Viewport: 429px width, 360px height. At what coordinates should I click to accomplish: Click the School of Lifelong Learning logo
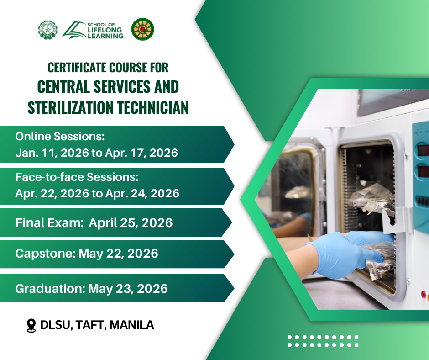coord(93,30)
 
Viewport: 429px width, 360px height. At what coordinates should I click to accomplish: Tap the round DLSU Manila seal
coord(47,30)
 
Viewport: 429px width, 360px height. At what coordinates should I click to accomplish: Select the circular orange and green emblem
coord(142,29)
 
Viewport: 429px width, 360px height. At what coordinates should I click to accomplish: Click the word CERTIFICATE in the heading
coord(77,68)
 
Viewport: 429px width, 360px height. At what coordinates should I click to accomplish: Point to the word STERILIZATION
coord(70,107)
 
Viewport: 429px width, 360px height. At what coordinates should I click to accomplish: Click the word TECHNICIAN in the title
coord(153,107)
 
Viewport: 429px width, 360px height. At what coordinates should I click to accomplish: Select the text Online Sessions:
coord(60,137)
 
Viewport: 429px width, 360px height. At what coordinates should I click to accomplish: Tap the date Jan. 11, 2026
coord(52,153)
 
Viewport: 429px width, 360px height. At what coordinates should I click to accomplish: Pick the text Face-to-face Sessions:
coord(77,177)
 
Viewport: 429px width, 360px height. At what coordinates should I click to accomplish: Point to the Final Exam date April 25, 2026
coord(131,223)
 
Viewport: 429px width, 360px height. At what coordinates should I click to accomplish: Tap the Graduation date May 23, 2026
coord(128,289)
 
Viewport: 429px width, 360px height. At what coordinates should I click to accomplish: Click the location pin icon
coord(31,325)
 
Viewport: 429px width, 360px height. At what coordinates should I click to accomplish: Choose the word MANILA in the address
coord(131,325)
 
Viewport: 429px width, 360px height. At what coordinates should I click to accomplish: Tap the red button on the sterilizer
coord(424,295)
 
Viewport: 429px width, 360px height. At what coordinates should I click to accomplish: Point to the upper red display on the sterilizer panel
coord(423,150)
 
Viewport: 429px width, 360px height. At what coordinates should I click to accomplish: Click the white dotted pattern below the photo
coord(323,341)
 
